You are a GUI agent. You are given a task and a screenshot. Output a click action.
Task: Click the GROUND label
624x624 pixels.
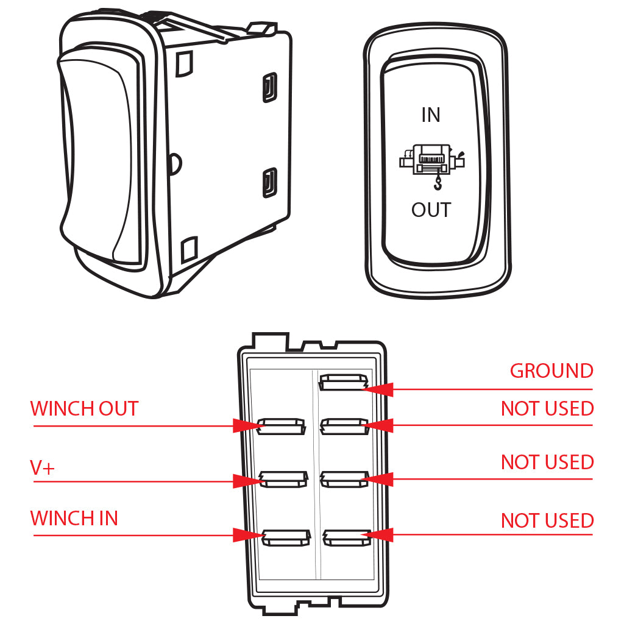(551, 371)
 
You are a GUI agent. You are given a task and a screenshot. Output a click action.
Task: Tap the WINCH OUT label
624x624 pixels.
(84, 408)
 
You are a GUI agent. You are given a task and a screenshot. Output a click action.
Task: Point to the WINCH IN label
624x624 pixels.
(74, 519)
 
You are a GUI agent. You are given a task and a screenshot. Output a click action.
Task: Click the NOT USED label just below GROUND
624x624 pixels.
(547, 408)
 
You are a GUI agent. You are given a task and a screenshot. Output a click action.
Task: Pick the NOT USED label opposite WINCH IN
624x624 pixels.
(547, 521)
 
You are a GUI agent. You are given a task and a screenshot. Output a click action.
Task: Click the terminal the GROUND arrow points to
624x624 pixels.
(343, 383)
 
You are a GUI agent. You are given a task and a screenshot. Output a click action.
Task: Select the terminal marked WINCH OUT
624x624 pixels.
(281, 426)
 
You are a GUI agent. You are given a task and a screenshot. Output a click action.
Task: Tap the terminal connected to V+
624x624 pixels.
(282, 480)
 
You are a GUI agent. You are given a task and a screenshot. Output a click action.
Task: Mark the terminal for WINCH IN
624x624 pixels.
(283, 537)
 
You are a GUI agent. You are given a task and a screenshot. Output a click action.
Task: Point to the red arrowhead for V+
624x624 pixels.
(249, 481)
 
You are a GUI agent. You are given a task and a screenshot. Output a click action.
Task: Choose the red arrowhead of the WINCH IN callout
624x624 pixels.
(249, 536)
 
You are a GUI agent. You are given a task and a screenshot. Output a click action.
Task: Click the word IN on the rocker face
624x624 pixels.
(431, 115)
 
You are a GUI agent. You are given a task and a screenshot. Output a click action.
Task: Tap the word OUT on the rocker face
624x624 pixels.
(431, 210)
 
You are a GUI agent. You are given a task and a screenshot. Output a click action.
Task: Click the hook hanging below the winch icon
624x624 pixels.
(438, 182)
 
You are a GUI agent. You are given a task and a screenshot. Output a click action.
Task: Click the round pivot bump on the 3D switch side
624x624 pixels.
(176, 163)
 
